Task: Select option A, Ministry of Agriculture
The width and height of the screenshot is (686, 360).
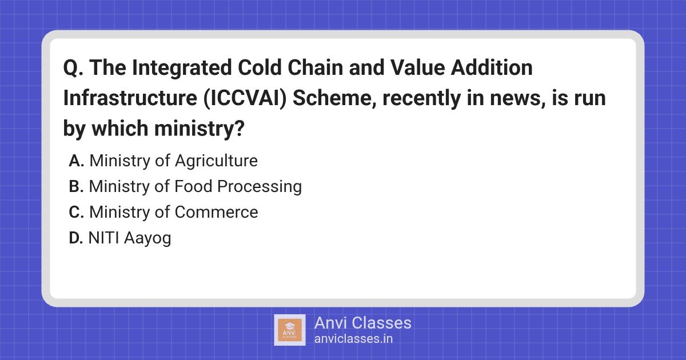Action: click(x=163, y=161)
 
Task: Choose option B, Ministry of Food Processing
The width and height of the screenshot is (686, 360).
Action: click(x=185, y=186)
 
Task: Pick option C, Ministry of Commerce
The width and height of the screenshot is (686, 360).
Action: click(x=163, y=212)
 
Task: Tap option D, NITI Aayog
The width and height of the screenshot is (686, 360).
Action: click(x=120, y=238)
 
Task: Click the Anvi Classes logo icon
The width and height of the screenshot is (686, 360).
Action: click(x=289, y=330)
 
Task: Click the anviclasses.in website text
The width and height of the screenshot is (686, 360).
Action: click(x=353, y=338)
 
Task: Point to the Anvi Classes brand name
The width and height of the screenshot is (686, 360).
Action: click(x=362, y=323)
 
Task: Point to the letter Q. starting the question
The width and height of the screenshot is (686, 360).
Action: click(x=71, y=69)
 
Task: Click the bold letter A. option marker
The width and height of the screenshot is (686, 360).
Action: click(x=77, y=161)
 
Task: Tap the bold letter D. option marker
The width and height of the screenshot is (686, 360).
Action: click(x=77, y=238)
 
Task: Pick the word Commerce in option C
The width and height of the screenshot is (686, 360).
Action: click(x=217, y=212)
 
